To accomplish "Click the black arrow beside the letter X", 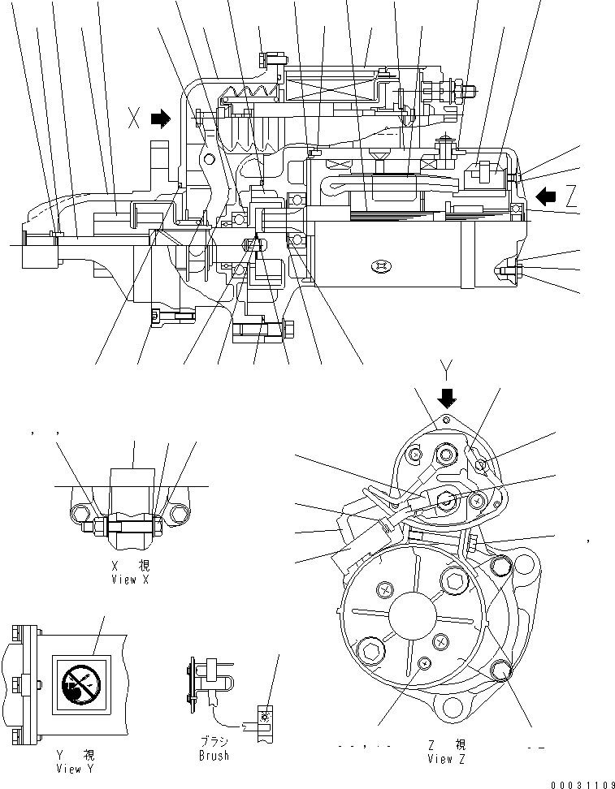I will pos(162,119).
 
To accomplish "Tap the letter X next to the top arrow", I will pos(134,119).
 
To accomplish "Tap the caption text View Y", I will pos(71,768).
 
